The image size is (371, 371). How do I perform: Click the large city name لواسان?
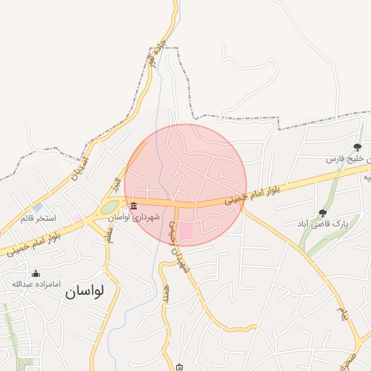coord(84,291)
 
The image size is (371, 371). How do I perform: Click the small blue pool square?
coord(37,207)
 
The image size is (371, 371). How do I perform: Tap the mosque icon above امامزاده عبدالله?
coord(36,272)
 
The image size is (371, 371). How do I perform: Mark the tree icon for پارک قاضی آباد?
coord(322,213)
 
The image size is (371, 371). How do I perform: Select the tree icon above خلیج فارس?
coord(357,147)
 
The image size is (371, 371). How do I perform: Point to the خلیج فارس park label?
coord(347,158)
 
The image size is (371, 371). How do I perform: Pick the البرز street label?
coord(115,185)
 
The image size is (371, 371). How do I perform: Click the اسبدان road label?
coord(81,169)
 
